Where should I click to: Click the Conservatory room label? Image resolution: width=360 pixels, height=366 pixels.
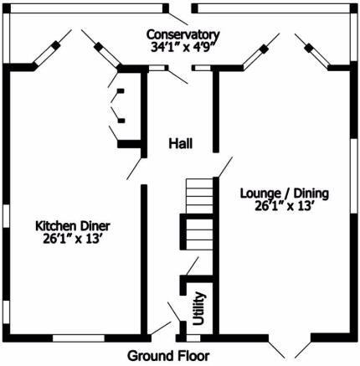pos(183,34)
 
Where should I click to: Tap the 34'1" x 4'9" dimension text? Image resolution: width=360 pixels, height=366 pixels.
pos(183,47)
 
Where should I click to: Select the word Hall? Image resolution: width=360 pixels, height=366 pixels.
pos(181,143)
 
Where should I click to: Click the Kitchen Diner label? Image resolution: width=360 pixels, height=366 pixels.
pos(73,226)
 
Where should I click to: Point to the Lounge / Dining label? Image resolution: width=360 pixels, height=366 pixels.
pos(285,193)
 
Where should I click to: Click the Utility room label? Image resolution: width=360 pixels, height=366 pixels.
pos(199,308)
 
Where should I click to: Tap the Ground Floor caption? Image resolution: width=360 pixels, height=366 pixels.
pos(168,356)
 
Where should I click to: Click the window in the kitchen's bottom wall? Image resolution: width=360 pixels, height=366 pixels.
pos(79,338)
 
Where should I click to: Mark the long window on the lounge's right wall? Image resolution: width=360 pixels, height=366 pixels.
pos(353,176)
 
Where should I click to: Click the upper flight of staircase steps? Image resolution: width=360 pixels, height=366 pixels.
pos(199,196)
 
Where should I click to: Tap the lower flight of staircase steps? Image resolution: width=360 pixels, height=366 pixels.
pos(199,235)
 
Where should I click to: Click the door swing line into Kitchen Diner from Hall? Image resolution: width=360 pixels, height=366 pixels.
pos(135,168)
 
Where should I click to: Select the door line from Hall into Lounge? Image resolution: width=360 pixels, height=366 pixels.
pos(225,167)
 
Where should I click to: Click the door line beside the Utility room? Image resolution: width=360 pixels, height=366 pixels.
pos(174,312)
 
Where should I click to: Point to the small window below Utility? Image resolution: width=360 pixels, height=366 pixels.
pos(193,338)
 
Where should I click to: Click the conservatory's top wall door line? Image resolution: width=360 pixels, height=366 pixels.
pos(178,18)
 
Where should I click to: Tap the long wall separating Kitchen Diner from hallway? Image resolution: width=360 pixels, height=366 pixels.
pos(144,260)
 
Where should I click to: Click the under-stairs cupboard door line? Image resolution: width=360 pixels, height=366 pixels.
pos(193,266)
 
